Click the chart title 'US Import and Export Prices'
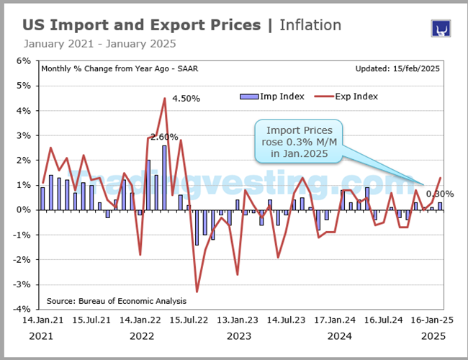(141, 25)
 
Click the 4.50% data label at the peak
(185, 98)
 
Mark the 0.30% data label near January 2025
(438, 194)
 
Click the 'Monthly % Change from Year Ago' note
(112, 69)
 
